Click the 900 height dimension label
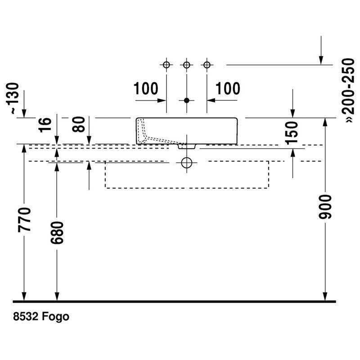point(325,207)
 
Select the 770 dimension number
point(24,220)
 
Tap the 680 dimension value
point(57,233)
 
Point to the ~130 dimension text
point(12,98)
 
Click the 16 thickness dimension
point(45,125)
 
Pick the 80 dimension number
point(78,124)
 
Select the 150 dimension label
point(292,133)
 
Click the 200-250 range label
point(348,90)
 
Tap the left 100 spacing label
point(146,88)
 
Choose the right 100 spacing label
point(228,88)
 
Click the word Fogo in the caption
point(55,317)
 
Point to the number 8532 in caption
point(26,316)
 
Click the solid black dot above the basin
point(187,100)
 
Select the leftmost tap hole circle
point(166,65)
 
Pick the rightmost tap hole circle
point(207,65)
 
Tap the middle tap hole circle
point(187,65)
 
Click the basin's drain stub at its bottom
point(187,147)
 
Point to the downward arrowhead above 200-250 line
point(321,60)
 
